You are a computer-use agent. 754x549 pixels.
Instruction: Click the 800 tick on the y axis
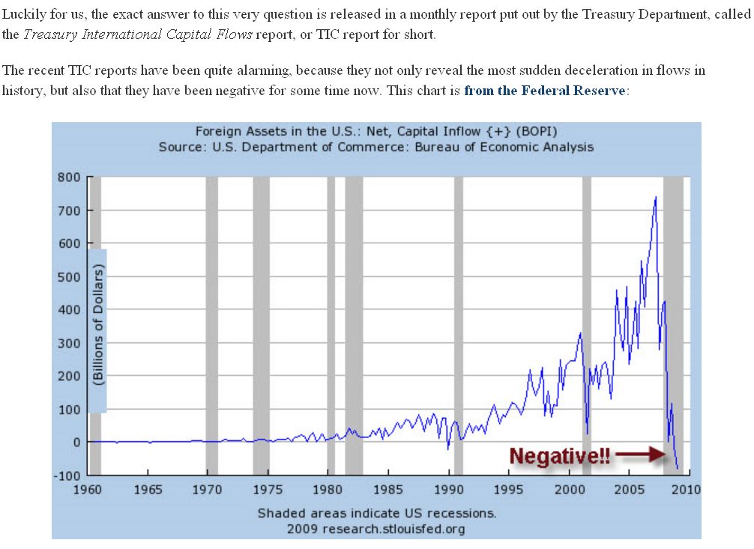[x=70, y=178]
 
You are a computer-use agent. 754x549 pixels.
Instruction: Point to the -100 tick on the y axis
[x=67, y=475]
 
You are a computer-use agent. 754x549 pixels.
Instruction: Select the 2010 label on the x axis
[x=685, y=490]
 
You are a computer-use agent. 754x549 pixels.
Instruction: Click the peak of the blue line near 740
[x=656, y=197]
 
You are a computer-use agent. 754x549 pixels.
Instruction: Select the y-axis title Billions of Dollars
[x=97, y=327]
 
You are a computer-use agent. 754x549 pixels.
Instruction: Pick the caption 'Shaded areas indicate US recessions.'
[x=377, y=514]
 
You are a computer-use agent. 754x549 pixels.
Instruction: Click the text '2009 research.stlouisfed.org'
[x=376, y=530]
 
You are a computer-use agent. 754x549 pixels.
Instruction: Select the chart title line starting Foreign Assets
[x=376, y=132]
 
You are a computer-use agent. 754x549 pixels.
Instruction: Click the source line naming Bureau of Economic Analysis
[x=376, y=147]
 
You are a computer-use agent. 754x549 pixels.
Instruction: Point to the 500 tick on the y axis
[x=70, y=276]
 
